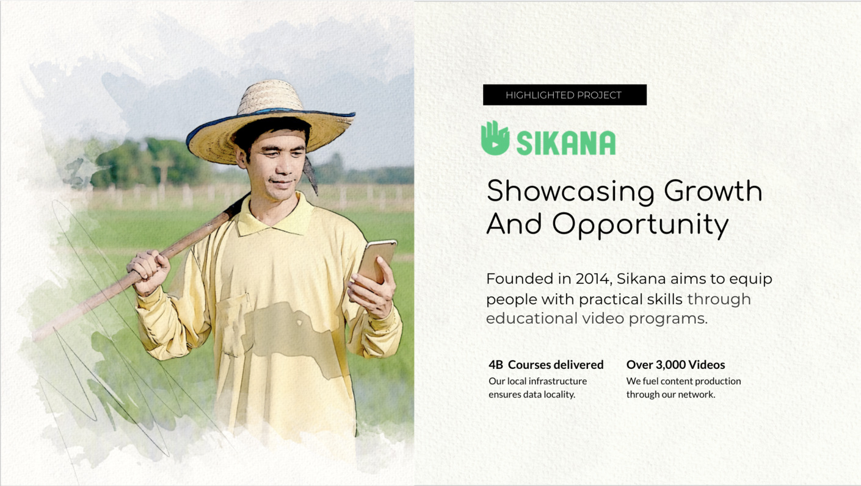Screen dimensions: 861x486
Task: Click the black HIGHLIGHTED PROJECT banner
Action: click(x=565, y=95)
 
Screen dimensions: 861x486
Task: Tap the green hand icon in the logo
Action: click(x=495, y=138)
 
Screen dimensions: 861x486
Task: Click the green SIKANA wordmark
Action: click(x=566, y=143)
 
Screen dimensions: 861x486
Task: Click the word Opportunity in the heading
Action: click(x=641, y=226)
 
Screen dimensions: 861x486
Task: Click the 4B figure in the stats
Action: click(x=496, y=365)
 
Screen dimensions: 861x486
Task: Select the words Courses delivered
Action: click(x=556, y=365)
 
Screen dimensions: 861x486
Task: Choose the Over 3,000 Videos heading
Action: click(x=676, y=365)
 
